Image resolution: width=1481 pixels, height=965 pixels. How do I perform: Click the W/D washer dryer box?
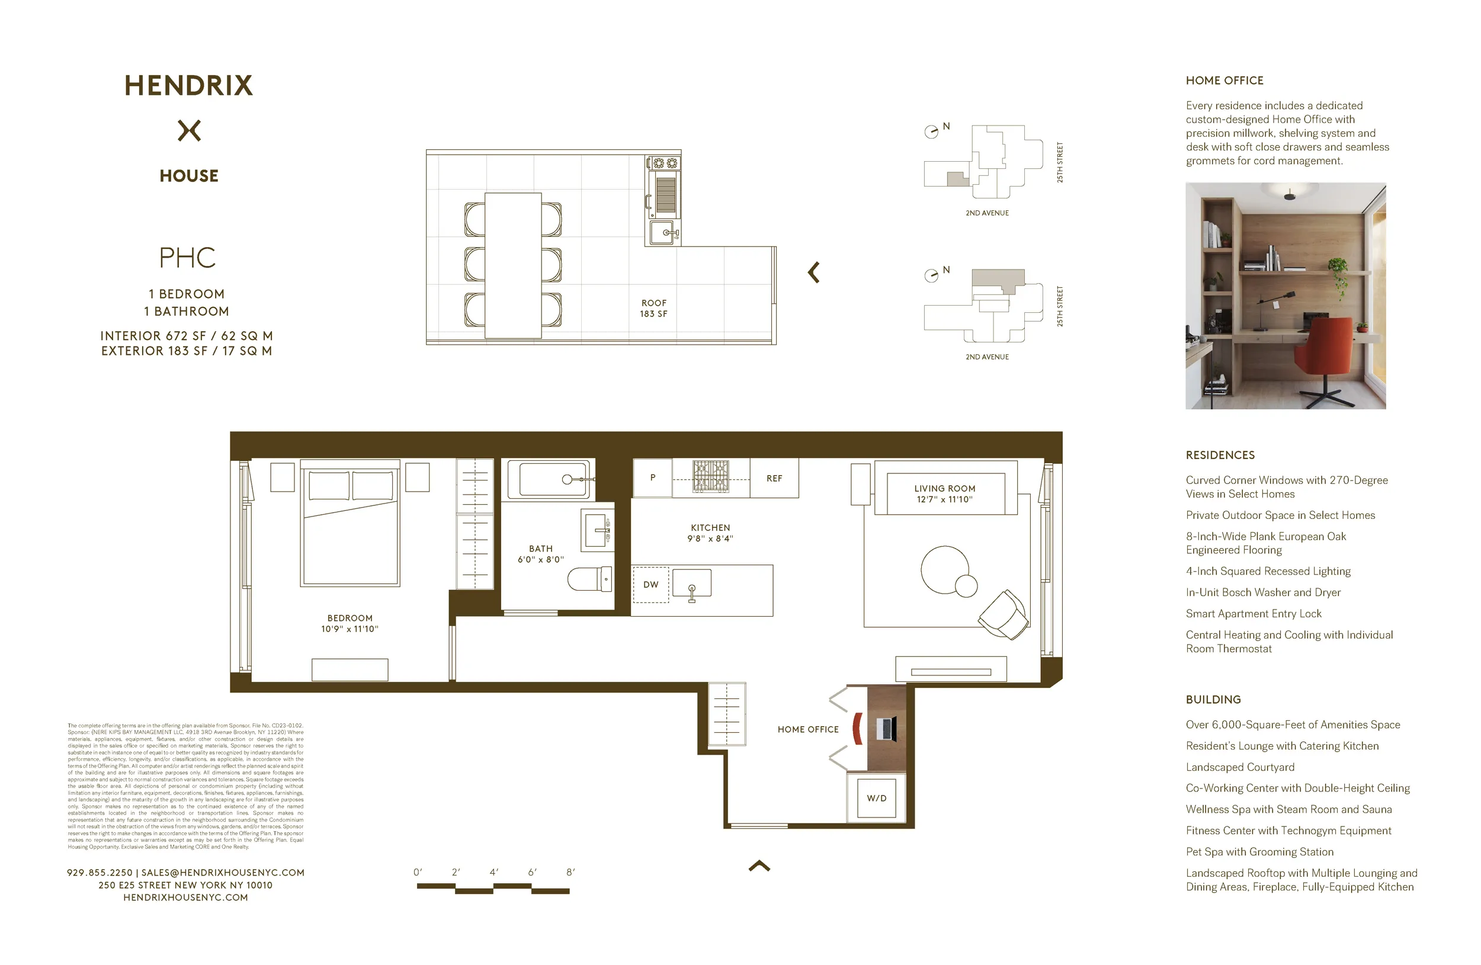(x=876, y=799)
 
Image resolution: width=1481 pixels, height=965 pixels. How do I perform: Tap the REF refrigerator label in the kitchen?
(x=774, y=479)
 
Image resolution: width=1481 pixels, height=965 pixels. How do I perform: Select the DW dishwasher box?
(x=651, y=585)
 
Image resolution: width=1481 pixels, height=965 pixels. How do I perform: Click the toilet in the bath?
(x=589, y=579)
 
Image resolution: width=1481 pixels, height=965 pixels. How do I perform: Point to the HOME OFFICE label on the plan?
(x=807, y=729)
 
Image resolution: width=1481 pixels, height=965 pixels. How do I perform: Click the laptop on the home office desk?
(x=886, y=729)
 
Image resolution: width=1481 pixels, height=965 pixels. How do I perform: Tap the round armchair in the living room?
(x=1003, y=615)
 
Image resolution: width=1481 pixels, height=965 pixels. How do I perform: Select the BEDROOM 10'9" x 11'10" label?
(x=350, y=623)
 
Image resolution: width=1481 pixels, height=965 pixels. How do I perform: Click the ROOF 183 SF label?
(x=653, y=309)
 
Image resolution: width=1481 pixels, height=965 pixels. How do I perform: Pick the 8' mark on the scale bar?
(x=570, y=873)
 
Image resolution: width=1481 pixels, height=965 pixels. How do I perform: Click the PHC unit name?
(x=187, y=258)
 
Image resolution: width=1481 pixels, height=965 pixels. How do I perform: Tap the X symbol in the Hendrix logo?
(x=189, y=131)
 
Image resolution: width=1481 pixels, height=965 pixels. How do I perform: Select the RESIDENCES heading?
(x=1220, y=456)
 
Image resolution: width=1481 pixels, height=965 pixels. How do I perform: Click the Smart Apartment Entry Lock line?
(x=1254, y=614)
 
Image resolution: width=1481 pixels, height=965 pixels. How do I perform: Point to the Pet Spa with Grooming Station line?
(x=1259, y=852)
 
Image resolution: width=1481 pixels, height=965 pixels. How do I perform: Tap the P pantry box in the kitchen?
(x=653, y=478)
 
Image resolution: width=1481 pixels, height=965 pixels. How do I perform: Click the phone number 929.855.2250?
(x=100, y=873)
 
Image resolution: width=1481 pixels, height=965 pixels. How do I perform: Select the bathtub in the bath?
(x=548, y=479)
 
